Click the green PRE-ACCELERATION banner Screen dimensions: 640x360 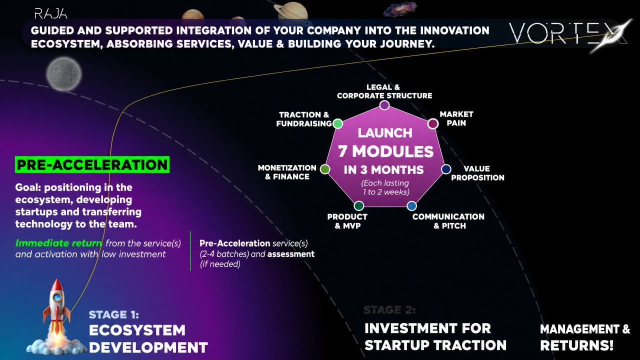tap(92, 164)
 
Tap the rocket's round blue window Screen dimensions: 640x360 tap(57, 297)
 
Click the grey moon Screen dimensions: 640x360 tap(64, 73)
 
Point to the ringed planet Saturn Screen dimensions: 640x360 tap(291, 11)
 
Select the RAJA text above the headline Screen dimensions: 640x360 tap(51, 13)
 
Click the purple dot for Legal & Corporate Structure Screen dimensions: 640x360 tap(384, 105)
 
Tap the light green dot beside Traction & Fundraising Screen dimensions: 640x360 tap(338, 123)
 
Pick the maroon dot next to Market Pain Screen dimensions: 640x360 tap(433, 123)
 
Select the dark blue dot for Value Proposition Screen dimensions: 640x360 tap(446, 169)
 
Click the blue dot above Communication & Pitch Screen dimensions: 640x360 tap(411, 205)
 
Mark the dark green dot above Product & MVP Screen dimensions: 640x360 tap(359, 205)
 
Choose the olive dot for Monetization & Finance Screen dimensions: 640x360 tap(325, 169)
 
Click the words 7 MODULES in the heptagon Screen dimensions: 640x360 tap(385, 151)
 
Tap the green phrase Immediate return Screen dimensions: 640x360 tap(58, 243)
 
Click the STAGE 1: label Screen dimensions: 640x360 tap(114, 314)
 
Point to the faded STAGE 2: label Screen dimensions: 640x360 tap(389, 310)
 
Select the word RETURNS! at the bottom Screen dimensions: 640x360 tap(577, 345)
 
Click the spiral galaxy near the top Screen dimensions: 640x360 tap(400, 9)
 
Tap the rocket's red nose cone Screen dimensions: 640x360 tap(57, 284)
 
